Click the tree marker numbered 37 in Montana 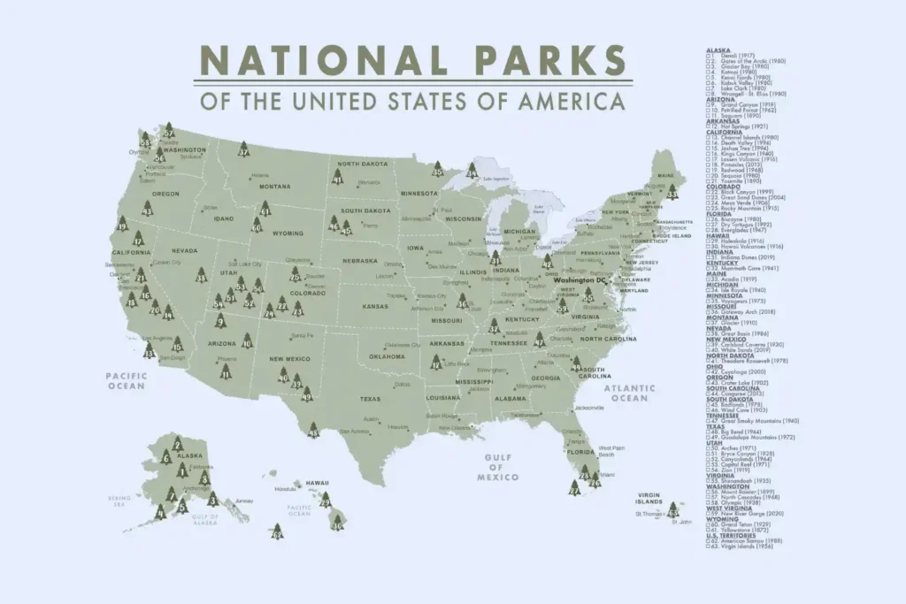click(243, 150)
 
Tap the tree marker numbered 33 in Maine click(673, 190)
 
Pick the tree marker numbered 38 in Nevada click(201, 275)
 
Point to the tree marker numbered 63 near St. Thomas click(673, 509)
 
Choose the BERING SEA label click(119, 501)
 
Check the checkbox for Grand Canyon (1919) click(709, 104)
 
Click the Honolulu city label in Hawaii click(286, 488)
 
